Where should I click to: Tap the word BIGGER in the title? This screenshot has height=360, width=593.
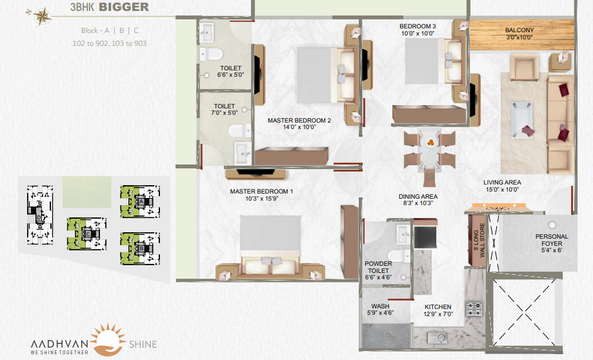(x=124, y=7)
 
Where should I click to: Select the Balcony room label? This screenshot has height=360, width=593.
(x=519, y=30)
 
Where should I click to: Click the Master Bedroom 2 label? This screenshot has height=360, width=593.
(x=299, y=120)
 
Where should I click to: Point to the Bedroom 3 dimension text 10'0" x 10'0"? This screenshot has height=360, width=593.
(x=417, y=34)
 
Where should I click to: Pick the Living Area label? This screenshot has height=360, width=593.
(x=502, y=183)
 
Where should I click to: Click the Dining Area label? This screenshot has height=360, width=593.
(x=418, y=197)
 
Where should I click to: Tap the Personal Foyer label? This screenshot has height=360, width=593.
(x=552, y=240)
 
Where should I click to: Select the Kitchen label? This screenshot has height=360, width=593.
(x=438, y=307)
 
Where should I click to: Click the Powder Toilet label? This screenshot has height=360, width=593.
(x=378, y=267)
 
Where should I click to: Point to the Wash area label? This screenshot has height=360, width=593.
(x=380, y=306)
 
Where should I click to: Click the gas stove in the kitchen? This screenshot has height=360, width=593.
(x=474, y=308)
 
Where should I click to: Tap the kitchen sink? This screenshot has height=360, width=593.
(x=437, y=337)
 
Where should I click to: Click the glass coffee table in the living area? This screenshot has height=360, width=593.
(x=521, y=119)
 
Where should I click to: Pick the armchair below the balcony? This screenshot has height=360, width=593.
(x=524, y=66)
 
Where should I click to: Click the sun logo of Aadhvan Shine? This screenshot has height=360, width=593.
(x=108, y=339)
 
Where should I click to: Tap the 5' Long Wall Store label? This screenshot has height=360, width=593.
(x=479, y=241)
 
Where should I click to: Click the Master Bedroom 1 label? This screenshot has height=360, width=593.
(x=261, y=192)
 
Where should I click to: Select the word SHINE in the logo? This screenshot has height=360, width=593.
(x=143, y=344)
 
